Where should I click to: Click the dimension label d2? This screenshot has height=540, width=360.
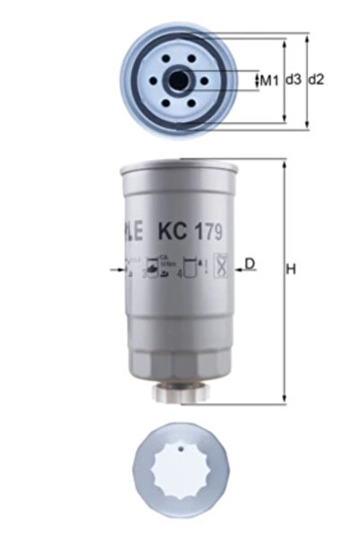[x=315, y=80]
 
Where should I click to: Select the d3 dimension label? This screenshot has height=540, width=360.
[x=294, y=80]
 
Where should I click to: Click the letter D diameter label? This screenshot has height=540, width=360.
[x=250, y=264]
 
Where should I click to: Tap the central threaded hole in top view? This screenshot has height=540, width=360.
[x=180, y=81]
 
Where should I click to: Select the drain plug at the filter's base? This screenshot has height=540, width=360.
[x=180, y=394]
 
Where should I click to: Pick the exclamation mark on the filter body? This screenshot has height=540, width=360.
[x=199, y=266]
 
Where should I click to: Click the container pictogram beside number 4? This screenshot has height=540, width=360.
[x=189, y=267]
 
